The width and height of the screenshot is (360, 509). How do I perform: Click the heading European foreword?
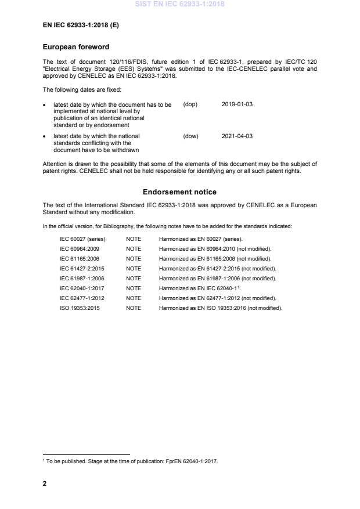[76, 47]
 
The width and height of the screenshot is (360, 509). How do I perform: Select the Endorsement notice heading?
[180, 192]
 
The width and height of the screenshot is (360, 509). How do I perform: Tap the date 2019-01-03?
[237, 104]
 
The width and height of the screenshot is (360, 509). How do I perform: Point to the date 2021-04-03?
[237, 136]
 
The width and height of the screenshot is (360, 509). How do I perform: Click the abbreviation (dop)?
[190, 104]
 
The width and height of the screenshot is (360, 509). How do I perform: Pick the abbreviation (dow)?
[190, 136]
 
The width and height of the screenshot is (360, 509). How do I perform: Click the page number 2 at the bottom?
[45, 483]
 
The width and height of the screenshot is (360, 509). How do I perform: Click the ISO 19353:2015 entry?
[80, 308]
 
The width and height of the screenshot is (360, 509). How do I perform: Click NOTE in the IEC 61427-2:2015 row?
[134, 269]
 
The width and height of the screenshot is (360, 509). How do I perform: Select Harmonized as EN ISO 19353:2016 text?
[221, 308]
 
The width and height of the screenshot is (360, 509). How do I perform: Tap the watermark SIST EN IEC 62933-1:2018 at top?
[180, 4]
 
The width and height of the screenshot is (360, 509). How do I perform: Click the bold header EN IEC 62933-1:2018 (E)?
[81, 26]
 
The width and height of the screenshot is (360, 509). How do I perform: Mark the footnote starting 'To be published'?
[131, 461]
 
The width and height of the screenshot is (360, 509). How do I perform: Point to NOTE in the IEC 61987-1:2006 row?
[134, 279]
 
